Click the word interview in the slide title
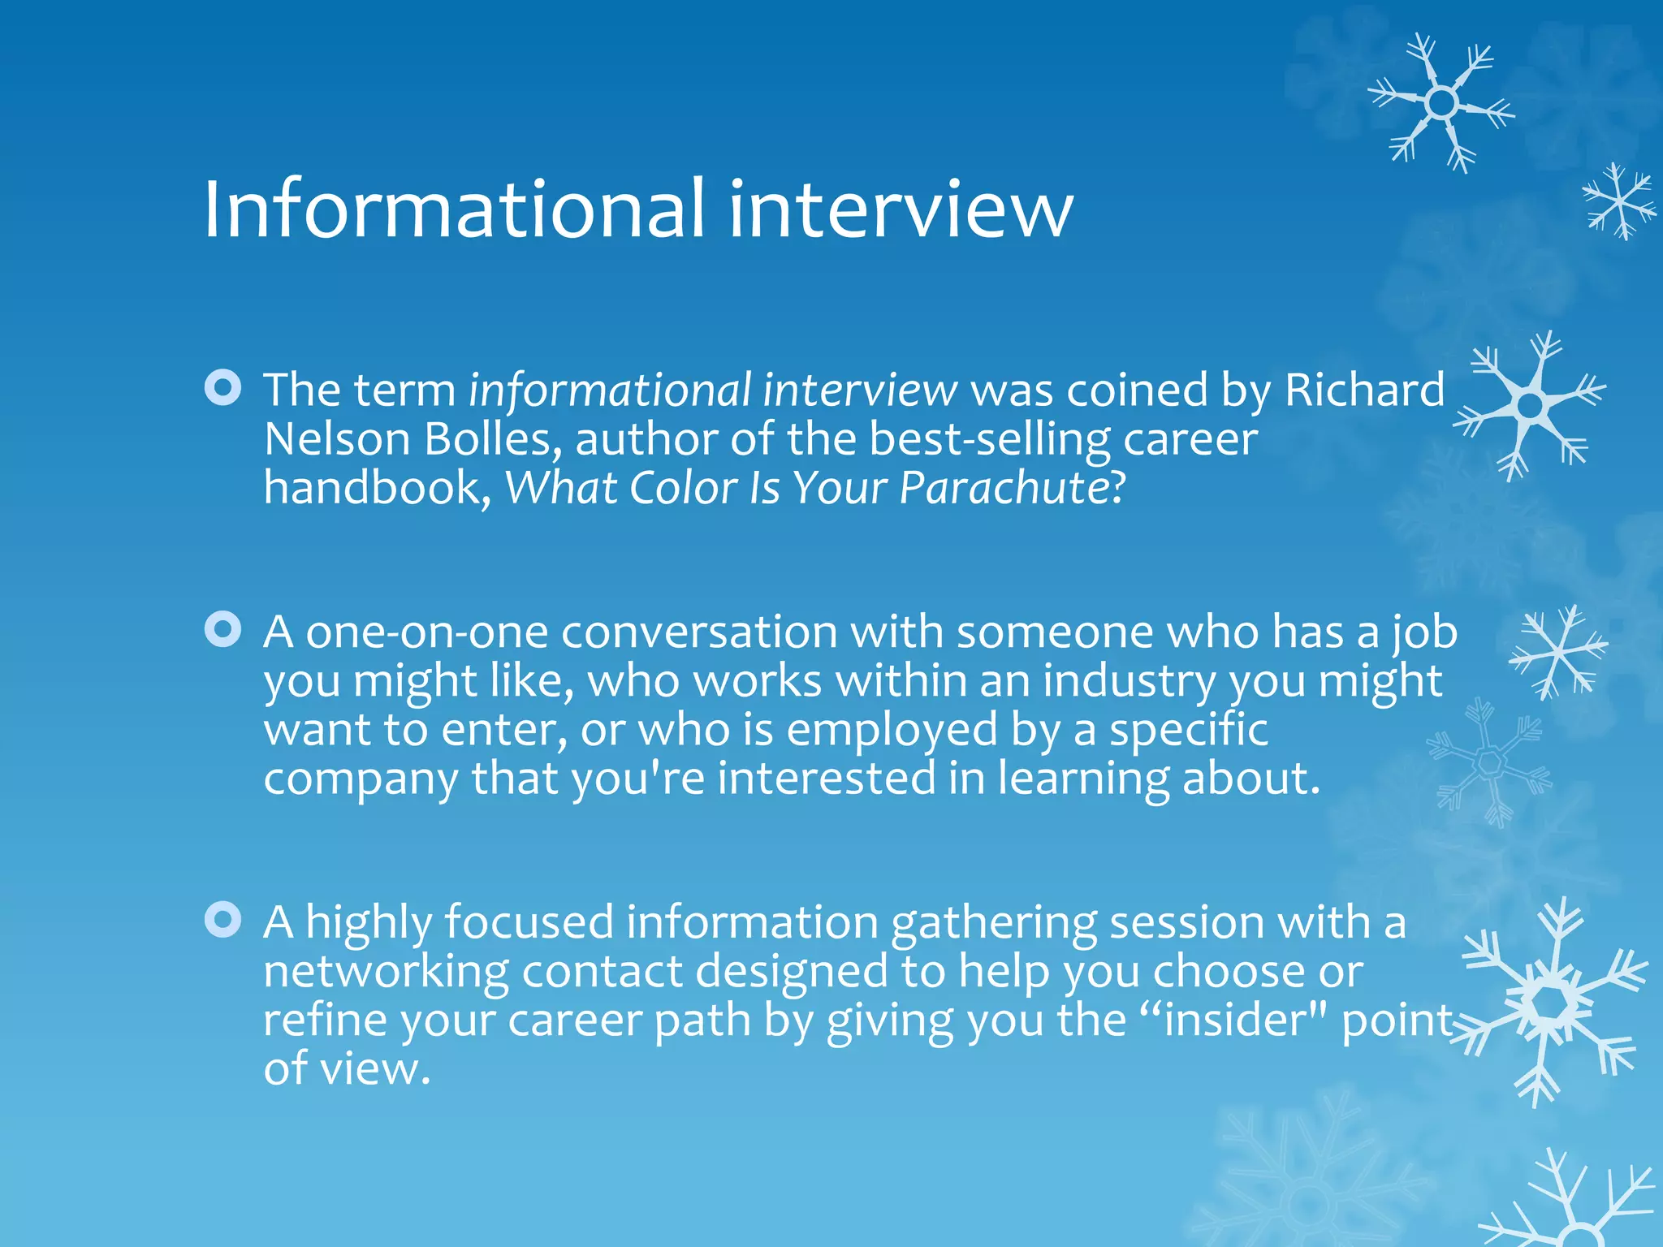pyautogui.click(x=901, y=209)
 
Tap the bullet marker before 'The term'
pyautogui.click(x=222, y=388)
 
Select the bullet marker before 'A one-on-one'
pyautogui.click(x=222, y=630)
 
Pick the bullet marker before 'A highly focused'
pyautogui.click(x=222, y=920)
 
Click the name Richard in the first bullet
pyautogui.click(x=1364, y=390)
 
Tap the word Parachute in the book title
pyautogui.click(x=1004, y=488)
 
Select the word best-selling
pyautogui.click(x=989, y=439)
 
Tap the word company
pyautogui.click(x=361, y=778)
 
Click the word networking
pyautogui.click(x=386, y=971)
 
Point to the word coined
pyautogui.click(x=1137, y=390)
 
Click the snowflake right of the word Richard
pyautogui.click(x=1530, y=404)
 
